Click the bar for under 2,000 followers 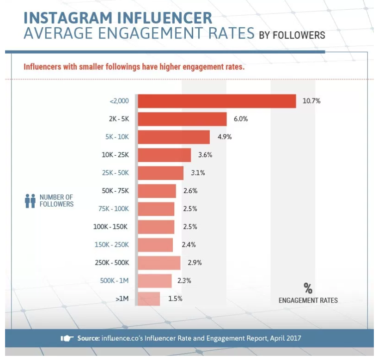217,101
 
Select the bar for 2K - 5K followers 182,119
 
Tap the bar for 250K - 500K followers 159,263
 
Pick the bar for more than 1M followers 149,299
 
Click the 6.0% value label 241,119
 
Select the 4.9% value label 224,137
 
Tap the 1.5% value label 175,299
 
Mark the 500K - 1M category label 114,281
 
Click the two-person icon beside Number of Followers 30,201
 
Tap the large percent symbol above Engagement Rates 308,288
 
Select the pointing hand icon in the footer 67,338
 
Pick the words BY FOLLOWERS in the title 292,35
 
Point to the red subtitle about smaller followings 134,67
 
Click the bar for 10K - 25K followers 164,155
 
